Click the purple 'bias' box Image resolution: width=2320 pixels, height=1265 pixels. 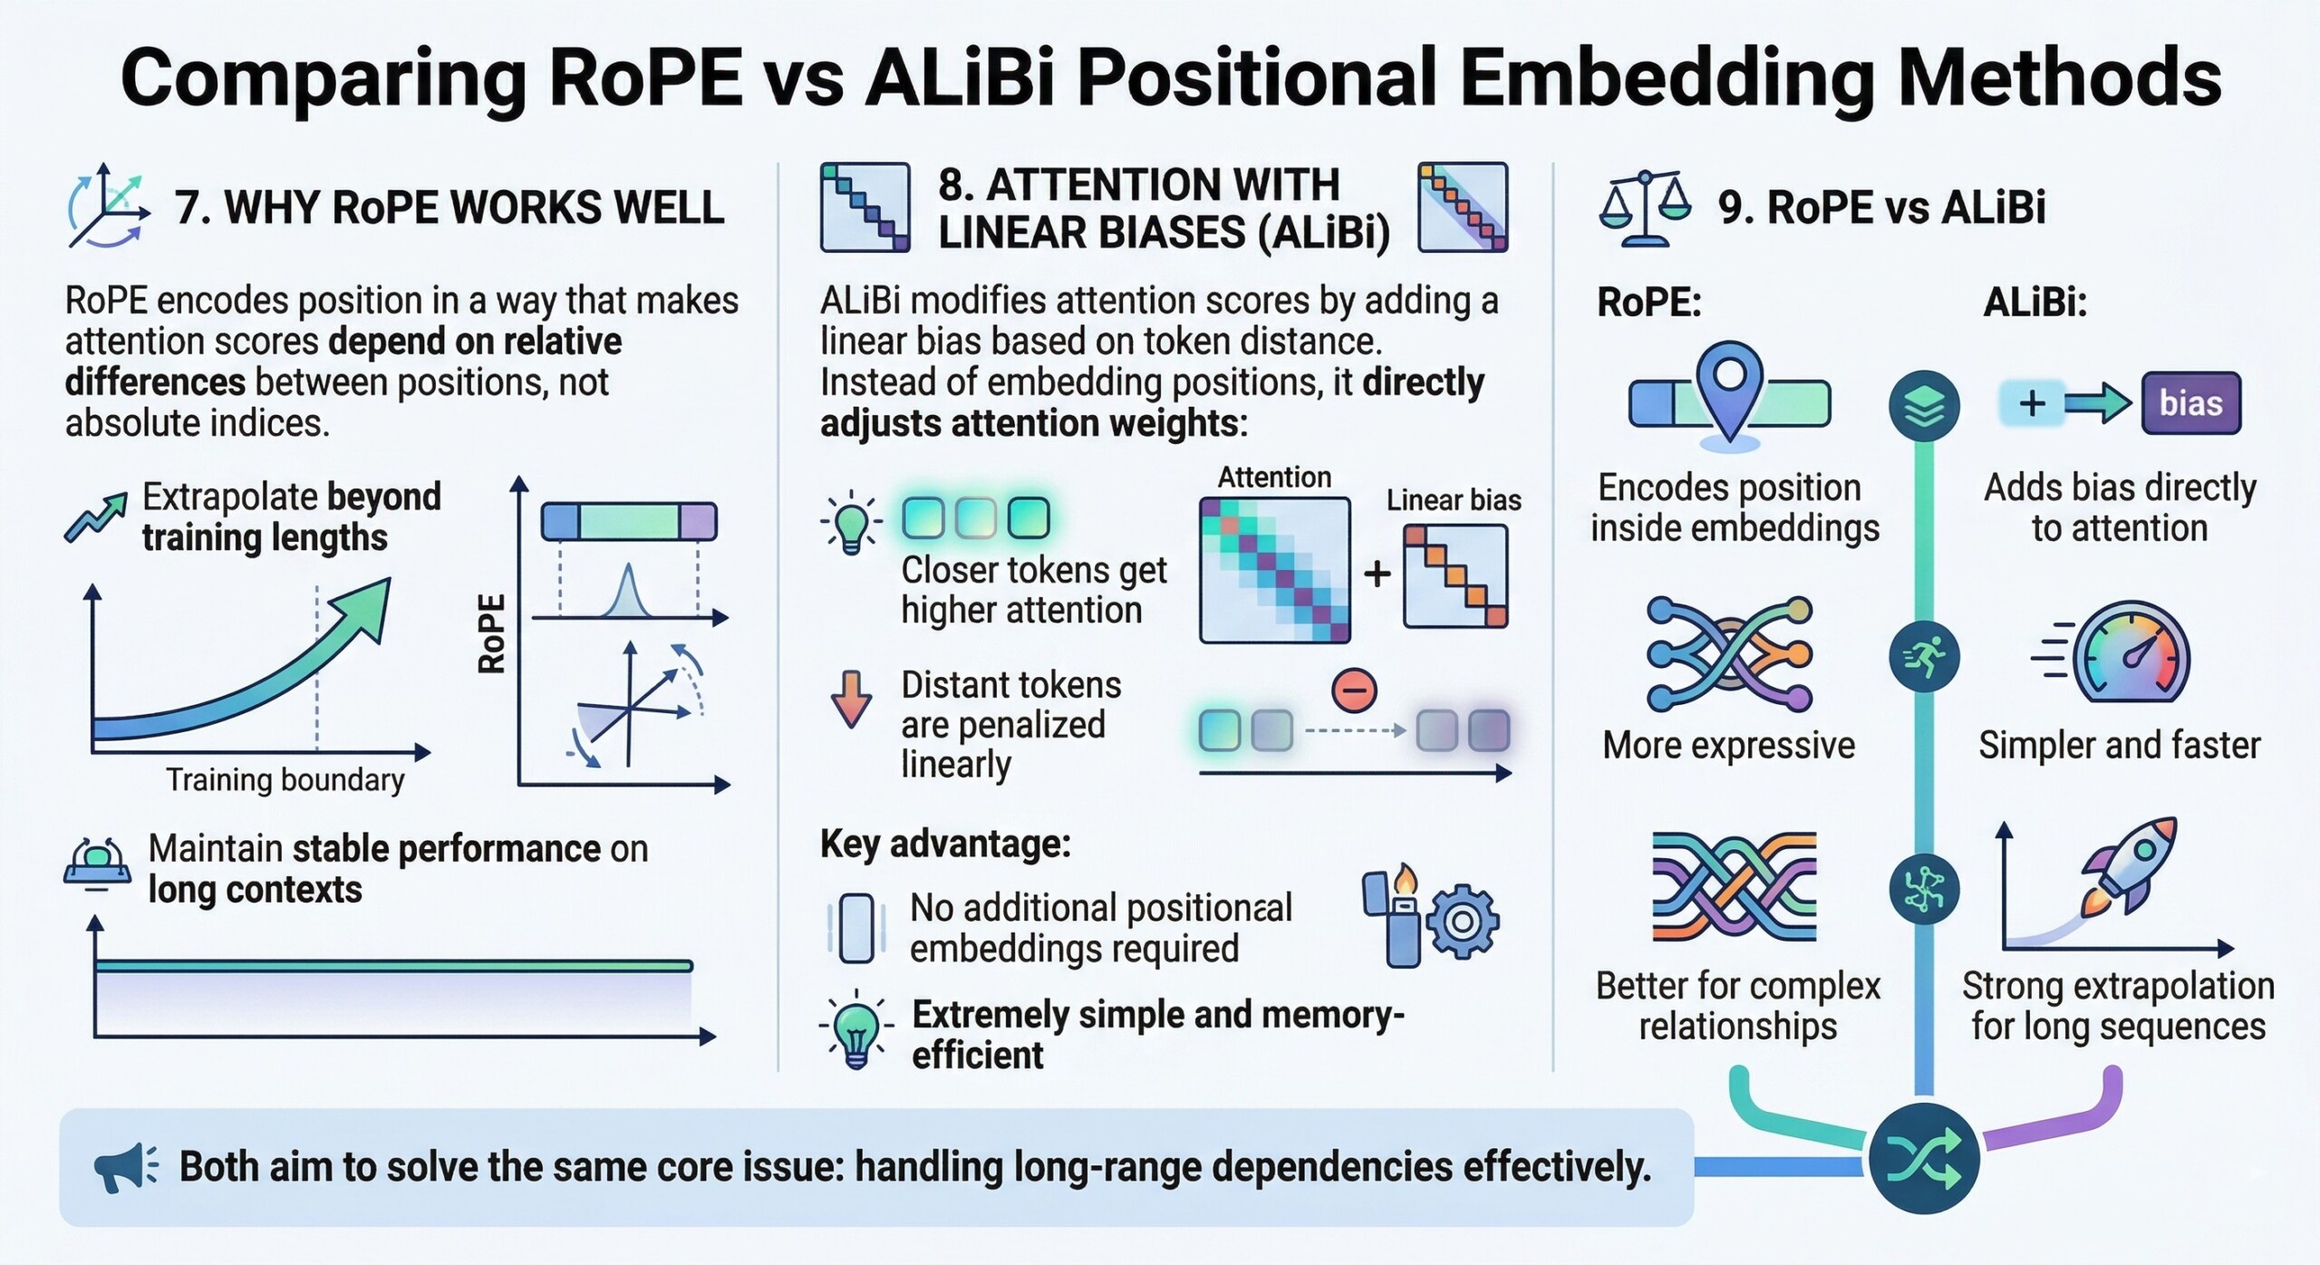pos(2190,403)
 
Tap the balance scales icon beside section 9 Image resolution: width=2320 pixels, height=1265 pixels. pos(1645,208)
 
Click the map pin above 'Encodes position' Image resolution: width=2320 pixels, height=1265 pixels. pos(1729,391)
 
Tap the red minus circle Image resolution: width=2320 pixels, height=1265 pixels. pos(1354,690)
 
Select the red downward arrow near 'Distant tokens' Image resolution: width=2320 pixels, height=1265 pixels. pos(851,699)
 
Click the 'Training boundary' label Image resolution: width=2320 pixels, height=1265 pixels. pos(285,779)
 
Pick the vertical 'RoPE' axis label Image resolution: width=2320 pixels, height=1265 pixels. pos(490,633)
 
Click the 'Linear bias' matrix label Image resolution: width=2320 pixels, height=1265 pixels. pos(1454,500)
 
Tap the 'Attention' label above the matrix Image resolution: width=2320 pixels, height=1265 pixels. pos(1274,477)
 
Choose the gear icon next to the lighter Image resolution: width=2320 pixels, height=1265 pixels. pos(1462,922)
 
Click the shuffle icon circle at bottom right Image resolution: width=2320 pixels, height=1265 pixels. pos(1923,1158)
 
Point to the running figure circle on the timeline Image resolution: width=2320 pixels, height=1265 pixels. pos(1924,657)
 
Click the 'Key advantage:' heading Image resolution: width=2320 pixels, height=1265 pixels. pos(945,845)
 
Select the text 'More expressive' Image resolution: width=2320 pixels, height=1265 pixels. pos(1728,746)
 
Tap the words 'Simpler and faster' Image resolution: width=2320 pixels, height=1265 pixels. pos(2119,746)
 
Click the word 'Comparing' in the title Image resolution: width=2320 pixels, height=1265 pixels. pos(324,80)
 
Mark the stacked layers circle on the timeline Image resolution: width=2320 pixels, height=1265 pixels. pos(1924,406)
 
